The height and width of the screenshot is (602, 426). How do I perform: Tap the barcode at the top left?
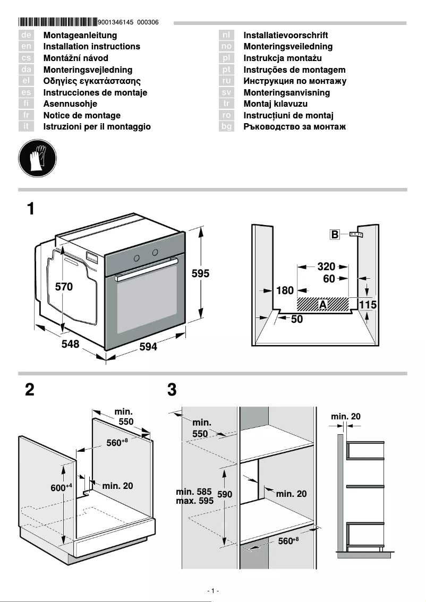tap(58, 22)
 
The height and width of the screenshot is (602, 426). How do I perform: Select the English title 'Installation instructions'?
tap(91, 47)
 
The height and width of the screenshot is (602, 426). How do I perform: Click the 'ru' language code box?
tap(226, 81)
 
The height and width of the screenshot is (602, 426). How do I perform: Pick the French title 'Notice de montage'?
tap(82, 115)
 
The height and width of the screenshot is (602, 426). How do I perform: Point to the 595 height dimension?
tap(200, 274)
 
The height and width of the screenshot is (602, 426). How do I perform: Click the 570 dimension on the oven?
tap(64, 287)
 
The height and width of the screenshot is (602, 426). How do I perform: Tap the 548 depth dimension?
tap(70, 344)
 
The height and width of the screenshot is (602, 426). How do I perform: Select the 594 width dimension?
tap(148, 347)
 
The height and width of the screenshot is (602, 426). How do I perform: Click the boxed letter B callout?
tap(335, 235)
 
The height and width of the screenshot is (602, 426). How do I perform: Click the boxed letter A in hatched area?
tap(322, 305)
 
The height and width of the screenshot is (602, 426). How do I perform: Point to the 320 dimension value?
tap(326, 266)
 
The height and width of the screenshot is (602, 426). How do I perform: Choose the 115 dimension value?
tap(368, 305)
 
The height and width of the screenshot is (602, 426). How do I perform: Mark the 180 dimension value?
tap(285, 291)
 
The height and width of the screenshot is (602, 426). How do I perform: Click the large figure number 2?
tap(30, 390)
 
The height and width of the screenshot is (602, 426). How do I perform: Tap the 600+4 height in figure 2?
tap(61, 487)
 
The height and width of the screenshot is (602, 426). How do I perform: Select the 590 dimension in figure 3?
tap(225, 494)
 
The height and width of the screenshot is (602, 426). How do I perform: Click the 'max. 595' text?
tap(194, 501)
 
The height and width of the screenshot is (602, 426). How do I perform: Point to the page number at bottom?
tap(212, 591)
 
